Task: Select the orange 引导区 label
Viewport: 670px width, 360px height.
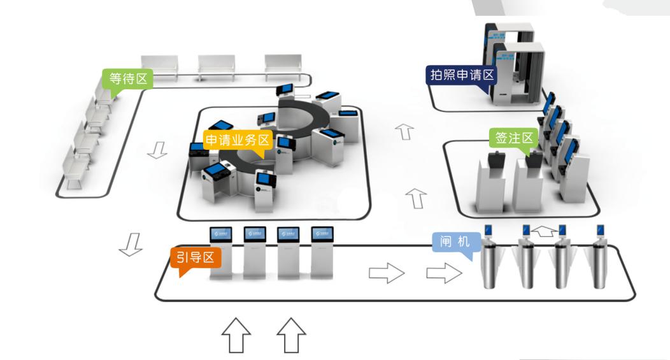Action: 195,257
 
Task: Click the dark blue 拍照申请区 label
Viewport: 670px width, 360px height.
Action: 460,75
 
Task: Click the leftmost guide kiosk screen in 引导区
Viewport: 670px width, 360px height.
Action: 221,234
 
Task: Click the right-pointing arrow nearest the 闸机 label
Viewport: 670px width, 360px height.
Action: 443,273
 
